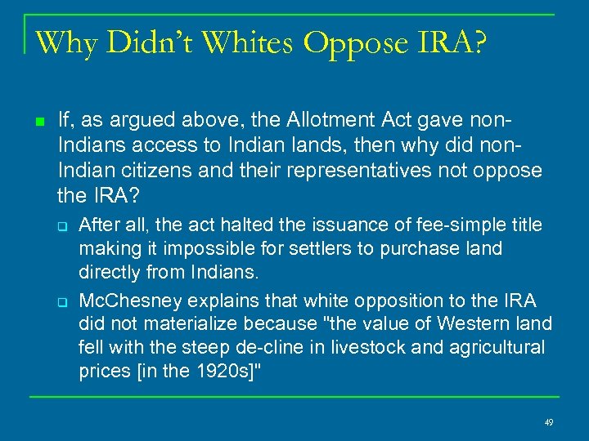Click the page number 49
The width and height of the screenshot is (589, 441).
point(549,422)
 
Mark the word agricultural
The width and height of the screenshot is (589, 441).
point(495,347)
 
